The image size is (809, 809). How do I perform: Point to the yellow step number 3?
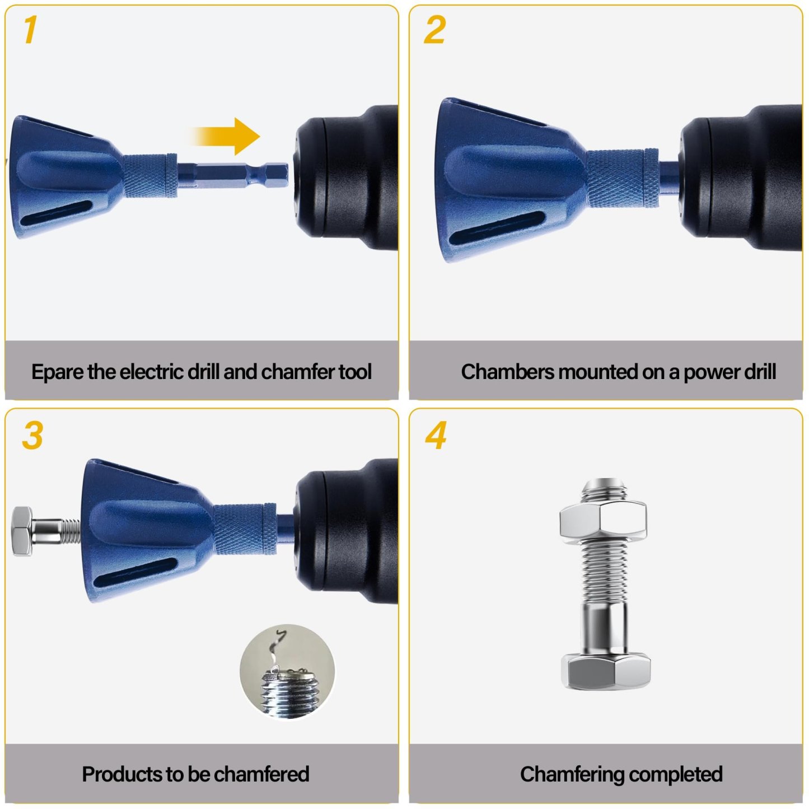[x=32, y=435]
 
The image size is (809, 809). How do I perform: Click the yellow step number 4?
[x=436, y=435]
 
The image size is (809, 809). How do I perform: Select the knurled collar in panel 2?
[x=621, y=177]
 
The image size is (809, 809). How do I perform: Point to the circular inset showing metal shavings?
[x=288, y=671]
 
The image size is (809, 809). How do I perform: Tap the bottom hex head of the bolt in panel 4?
[x=605, y=670]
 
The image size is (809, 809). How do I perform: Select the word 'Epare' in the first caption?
[x=58, y=372]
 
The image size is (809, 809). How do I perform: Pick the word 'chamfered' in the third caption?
[x=261, y=774]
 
